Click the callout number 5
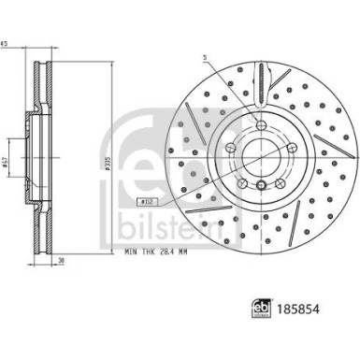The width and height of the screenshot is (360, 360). click(201, 61)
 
